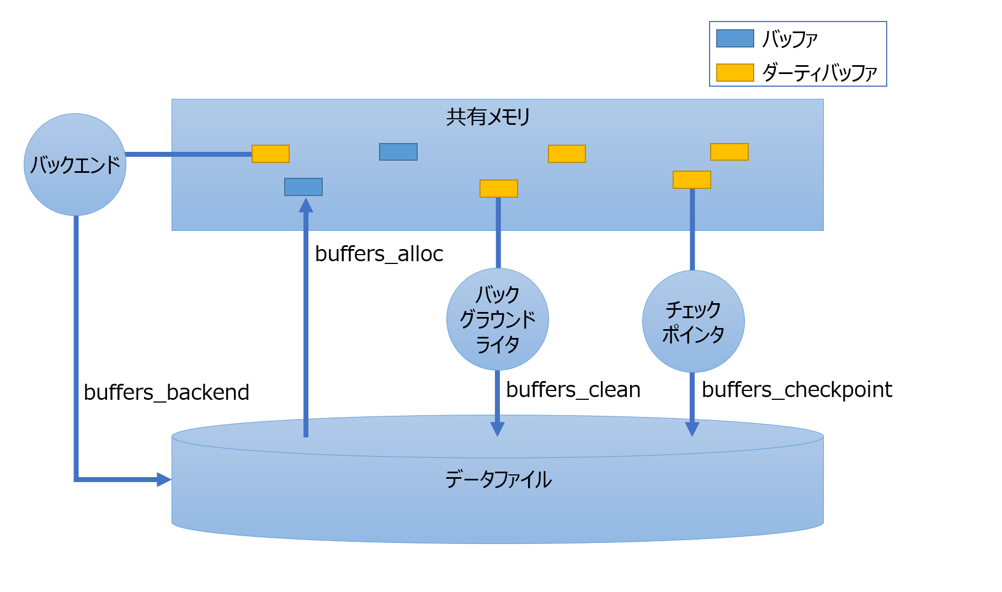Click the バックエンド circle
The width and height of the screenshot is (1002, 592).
coord(75,165)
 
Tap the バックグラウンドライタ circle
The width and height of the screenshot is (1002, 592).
coord(497,319)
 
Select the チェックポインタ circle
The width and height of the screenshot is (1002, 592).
coord(693,321)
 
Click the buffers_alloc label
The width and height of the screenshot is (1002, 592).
coord(379,254)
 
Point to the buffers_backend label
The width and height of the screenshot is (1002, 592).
coord(166,393)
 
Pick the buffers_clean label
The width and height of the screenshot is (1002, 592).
coord(573,390)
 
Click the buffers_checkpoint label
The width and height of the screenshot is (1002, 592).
coord(796,390)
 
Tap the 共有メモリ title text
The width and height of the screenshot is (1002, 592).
coord(488,117)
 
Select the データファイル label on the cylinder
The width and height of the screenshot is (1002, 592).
coord(498,479)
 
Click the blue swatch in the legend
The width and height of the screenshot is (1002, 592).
coord(734,39)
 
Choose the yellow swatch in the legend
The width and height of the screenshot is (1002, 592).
coord(734,72)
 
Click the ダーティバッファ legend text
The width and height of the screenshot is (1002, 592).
coord(819,73)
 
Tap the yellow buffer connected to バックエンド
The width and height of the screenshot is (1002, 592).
coord(270,154)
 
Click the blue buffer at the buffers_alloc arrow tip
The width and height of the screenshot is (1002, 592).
coord(303,187)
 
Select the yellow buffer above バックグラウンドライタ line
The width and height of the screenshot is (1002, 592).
coord(498,188)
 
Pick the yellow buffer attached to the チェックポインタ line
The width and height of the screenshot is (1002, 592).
coord(691,179)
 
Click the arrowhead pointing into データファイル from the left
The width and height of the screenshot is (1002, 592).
coord(164,479)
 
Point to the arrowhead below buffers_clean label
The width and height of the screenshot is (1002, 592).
coord(497,429)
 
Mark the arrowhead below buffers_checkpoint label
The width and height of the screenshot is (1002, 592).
coord(692,429)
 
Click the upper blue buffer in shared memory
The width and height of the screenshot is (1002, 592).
coord(398,152)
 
